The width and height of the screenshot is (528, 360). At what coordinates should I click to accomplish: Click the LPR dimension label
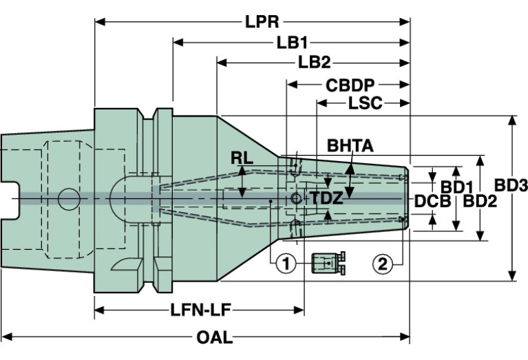(262, 21)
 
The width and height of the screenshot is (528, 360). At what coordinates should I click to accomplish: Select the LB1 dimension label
(291, 43)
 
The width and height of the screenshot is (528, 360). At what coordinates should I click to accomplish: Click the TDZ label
(325, 198)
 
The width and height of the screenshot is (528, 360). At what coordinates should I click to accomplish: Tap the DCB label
(432, 201)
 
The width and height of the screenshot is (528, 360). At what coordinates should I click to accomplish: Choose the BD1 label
(455, 187)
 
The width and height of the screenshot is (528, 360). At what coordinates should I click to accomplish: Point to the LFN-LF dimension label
(200, 310)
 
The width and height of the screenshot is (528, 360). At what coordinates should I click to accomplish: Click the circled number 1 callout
(286, 262)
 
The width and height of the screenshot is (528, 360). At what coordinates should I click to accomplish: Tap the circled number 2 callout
(384, 262)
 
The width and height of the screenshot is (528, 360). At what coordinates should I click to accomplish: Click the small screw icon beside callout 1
(328, 262)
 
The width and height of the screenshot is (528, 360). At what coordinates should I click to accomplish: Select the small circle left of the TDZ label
(296, 198)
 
